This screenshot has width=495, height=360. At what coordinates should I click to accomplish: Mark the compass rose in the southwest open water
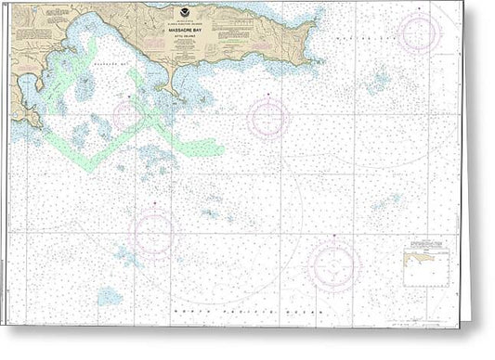coord(154,231)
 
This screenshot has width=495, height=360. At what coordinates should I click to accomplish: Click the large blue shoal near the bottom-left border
coord(111,296)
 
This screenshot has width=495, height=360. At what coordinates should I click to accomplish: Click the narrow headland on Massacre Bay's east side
coord(173,88)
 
